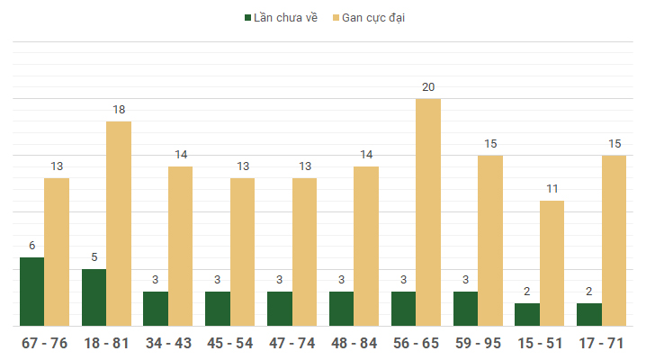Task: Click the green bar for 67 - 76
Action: click(x=31, y=292)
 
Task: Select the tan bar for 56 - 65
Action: click(x=428, y=212)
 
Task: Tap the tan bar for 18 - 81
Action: click(x=119, y=223)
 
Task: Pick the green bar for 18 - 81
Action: click(x=94, y=297)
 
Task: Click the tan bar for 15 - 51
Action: click(x=552, y=263)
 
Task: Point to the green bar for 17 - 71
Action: click(x=589, y=314)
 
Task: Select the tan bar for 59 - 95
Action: click(x=490, y=240)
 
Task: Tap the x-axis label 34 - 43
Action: click(x=167, y=344)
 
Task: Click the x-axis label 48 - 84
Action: click(x=354, y=344)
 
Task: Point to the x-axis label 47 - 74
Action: click(x=292, y=344)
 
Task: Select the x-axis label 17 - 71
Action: click(x=602, y=344)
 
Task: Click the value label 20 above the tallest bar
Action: click(x=428, y=87)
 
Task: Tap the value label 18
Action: click(x=119, y=110)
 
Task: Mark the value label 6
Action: click(x=31, y=246)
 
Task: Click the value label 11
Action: click(x=552, y=189)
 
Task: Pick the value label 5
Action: click(x=94, y=257)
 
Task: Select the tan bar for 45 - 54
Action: click(x=242, y=252)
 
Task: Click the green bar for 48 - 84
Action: click(x=341, y=309)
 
